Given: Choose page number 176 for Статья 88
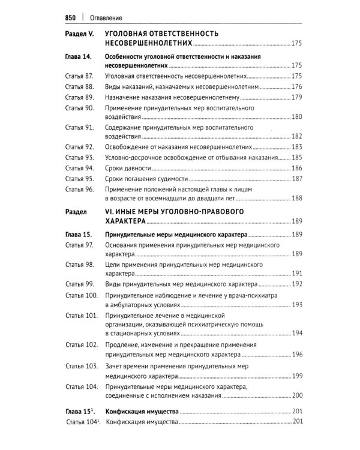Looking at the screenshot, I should click(x=296, y=87).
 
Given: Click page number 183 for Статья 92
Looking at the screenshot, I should click(x=296, y=147).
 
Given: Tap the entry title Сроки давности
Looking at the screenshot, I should click(x=130, y=168).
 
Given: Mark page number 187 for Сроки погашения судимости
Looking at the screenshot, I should click(x=296, y=179).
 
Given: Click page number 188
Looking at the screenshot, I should click(x=296, y=199).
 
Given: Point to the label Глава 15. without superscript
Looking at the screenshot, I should click(x=77, y=235).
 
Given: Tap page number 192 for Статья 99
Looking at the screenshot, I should click(x=296, y=284).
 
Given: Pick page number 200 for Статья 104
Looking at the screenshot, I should click(x=296, y=397).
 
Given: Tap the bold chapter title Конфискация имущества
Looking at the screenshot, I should click(x=142, y=413).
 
